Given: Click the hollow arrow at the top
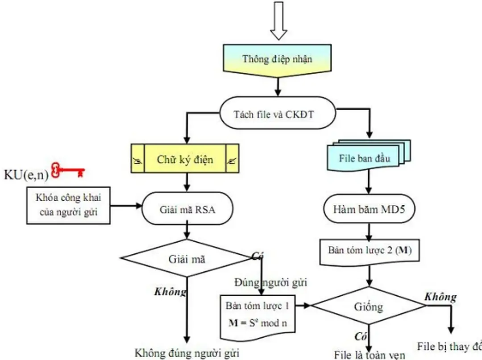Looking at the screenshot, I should (x=279, y=20).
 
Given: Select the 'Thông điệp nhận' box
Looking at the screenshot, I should (x=278, y=59).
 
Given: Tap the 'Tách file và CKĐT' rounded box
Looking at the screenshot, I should (x=277, y=114).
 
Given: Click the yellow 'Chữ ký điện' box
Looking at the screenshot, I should (x=185, y=159).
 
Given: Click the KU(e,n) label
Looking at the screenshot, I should (x=26, y=174).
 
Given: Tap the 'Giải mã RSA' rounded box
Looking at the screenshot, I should (x=187, y=209).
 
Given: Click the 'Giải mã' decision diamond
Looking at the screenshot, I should (x=187, y=259).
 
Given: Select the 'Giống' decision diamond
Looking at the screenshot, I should (x=369, y=306).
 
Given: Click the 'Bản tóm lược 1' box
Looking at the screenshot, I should (x=258, y=306).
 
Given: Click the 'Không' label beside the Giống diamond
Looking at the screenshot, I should (x=440, y=297).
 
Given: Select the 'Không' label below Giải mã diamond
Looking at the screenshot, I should (x=170, y=292).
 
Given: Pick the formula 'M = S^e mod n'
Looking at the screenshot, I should (x=258, y=323).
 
